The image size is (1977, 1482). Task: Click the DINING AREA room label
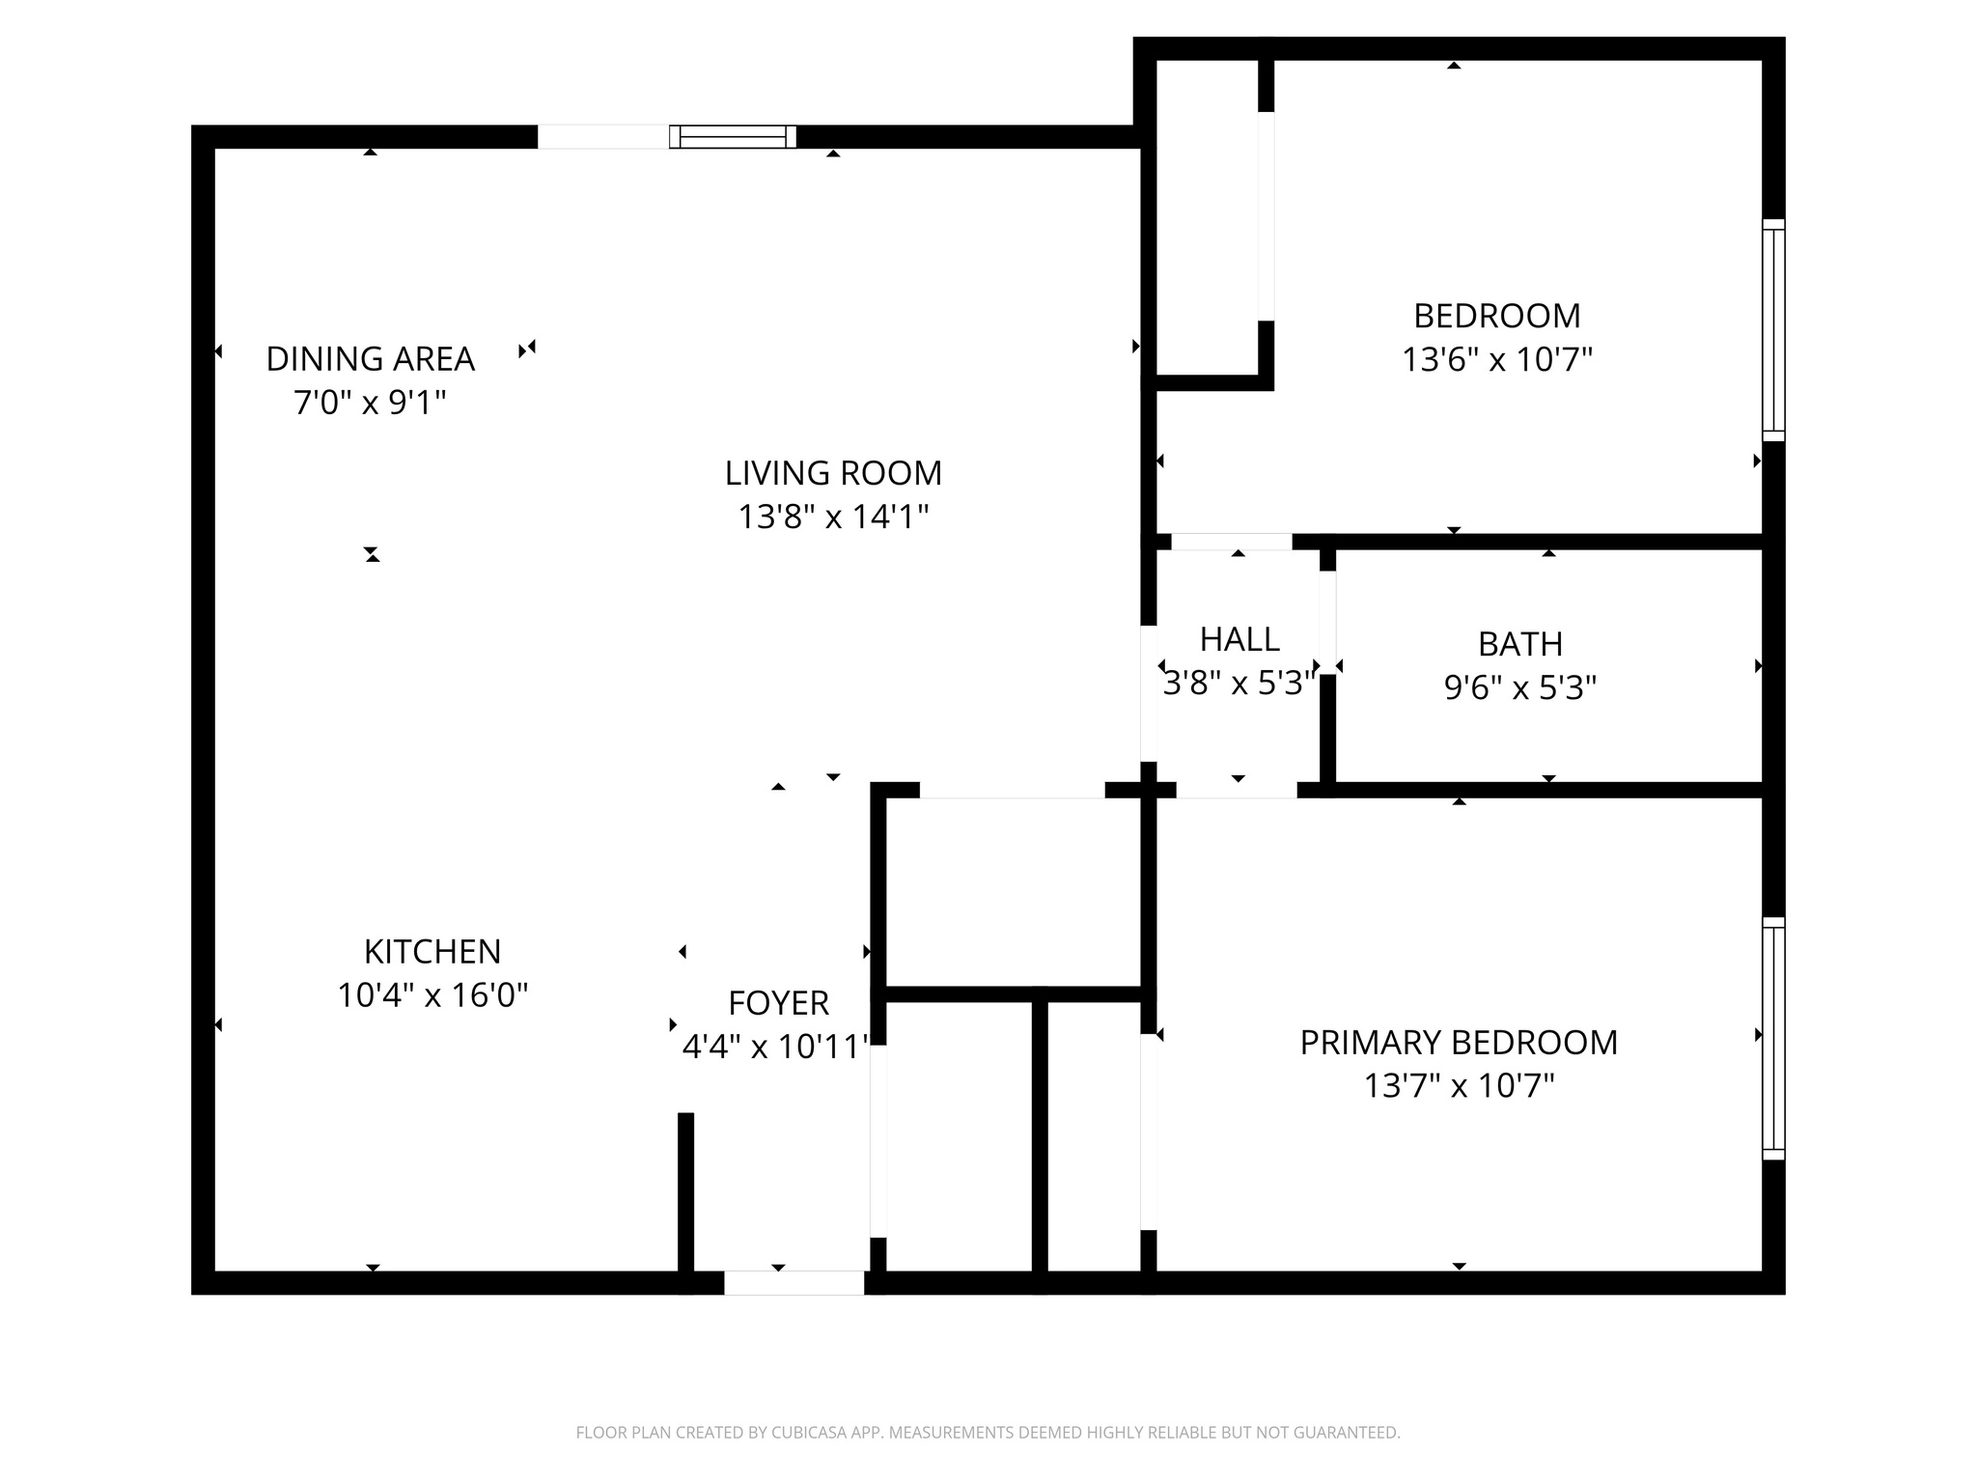point(370,359)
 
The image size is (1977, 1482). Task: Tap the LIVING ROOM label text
point(833,473)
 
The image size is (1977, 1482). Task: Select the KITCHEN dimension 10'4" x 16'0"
point(432,995)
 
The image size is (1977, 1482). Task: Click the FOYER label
point(778,1003)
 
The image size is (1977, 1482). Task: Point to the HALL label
point(1239,639)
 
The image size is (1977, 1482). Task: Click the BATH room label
point(1519,644)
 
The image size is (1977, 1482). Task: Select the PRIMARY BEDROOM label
point(1458,1043)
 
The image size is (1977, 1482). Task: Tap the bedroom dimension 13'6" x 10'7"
point(1496,360)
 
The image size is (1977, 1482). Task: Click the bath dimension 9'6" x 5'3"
point(1519,688)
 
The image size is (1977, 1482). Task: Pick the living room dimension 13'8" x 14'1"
point(833,517)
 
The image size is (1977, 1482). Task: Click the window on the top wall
point(733,137)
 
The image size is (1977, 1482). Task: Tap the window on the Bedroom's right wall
point(1773,330)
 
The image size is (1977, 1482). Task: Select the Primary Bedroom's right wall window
point(1773,1038)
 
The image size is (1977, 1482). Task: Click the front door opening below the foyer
point(794,1282)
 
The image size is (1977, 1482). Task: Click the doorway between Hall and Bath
point(1327,623)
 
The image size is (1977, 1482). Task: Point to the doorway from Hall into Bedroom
point(1231,542)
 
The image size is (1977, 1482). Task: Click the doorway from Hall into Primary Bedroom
point(1236,790)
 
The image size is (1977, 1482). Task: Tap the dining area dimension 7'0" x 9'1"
point(370,403)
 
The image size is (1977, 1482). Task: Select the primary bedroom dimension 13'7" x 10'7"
point(1458,1086)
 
